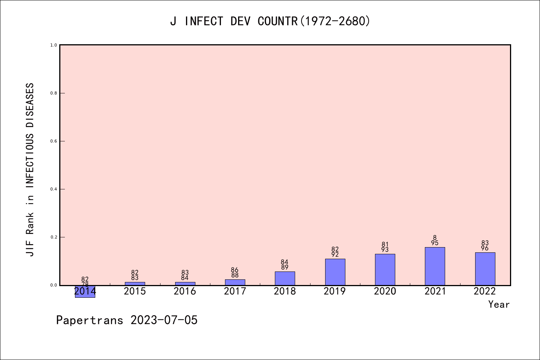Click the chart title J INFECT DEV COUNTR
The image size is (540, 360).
click(x=270, y=21)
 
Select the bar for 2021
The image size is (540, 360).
click(x=435, y=266)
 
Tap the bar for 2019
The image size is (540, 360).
click(x=335, y=272)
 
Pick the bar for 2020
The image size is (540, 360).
click(x=385, y=269)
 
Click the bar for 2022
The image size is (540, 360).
click(x=485, y=268)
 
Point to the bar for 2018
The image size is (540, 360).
click(x=285, y=278)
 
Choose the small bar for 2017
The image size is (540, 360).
click(x=235, y=282)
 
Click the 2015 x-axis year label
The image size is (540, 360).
click(x=135, y=291)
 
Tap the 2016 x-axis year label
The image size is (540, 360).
click(x=185, y=291)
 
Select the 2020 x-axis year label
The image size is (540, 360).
click(x=385, y=291)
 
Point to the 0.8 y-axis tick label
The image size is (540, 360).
click(x=54, y=93)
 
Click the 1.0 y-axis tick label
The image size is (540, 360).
click(x=54, y=45)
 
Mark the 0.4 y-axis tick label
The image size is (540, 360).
click(x=54, y=189)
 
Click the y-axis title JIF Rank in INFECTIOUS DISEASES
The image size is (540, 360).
click(x=30, y=169)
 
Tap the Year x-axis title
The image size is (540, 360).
click(x=499, y=304)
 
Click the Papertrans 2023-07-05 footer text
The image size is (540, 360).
click(x=127, y=320)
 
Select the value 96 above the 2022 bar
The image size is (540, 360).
click(x=485, y=248)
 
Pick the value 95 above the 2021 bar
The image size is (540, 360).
click(x=435, y=243)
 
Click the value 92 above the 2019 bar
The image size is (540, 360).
click(x=335, y=255)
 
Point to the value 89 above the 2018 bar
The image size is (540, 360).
click(x=285, y=267)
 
